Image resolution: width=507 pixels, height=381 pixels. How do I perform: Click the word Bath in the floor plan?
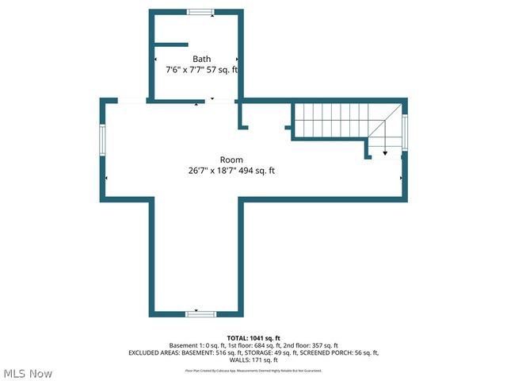201,59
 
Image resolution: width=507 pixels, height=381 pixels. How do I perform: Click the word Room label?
231,160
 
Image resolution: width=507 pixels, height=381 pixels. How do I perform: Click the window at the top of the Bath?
200,11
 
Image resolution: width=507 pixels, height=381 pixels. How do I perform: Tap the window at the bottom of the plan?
200,314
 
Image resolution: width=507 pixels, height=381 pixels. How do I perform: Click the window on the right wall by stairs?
405,132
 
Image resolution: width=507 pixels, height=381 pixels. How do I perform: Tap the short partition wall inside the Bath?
170,44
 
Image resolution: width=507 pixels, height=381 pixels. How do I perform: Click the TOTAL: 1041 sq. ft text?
253,338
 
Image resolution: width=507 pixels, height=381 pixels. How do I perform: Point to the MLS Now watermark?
28,373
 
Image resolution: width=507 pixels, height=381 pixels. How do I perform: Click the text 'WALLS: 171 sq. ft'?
253,360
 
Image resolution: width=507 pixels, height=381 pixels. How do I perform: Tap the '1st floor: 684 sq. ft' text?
249,345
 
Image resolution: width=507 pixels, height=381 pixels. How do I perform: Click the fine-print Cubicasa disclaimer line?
253,370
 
